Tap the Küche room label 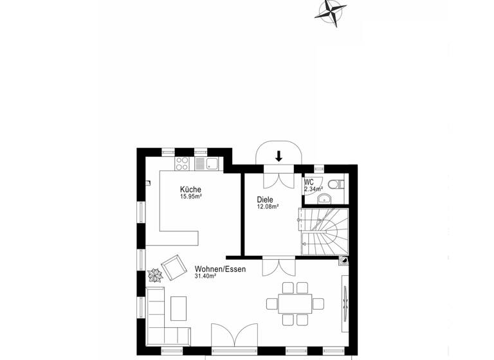coord(190,189)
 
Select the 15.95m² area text coord(191,197)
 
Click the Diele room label coord(266,199)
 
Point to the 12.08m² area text coord(268,207)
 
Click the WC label coord(309,182)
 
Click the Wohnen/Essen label coord(221,269)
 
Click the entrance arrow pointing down coord(279,156)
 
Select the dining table coord(295,302)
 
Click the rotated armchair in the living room coord(172,267)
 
